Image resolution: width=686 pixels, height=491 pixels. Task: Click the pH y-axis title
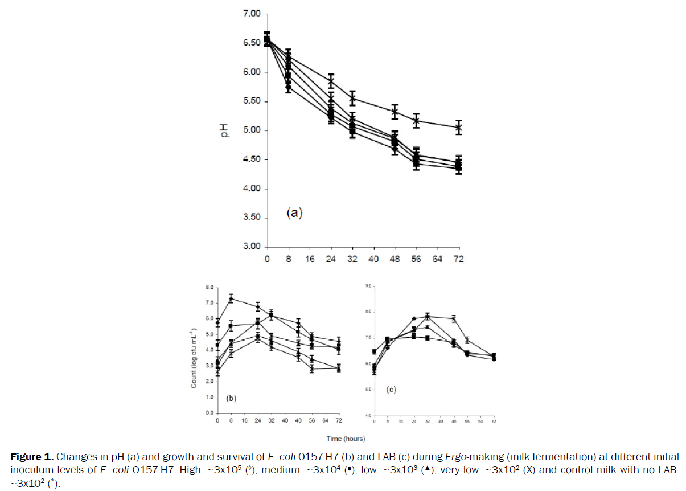[x=226, y=130]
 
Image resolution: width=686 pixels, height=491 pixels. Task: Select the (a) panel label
[x=293, y=213]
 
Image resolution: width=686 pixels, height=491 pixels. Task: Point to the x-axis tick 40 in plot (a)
[x=373, y=259]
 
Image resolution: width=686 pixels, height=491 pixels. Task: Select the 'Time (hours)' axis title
[x=346, y=439]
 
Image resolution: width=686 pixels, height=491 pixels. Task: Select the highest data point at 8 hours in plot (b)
[x=231, y=298]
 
